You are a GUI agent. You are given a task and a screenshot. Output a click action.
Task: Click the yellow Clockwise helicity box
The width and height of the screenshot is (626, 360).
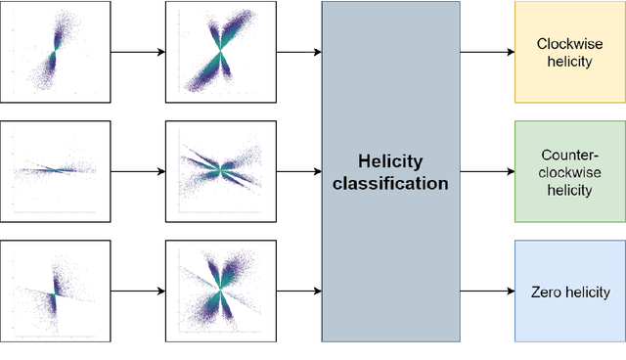point(568,52)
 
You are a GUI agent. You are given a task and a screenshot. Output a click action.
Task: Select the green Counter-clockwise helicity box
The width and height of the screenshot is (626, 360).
point(568,172)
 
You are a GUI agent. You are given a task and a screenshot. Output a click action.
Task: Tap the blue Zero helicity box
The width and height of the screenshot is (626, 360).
point(568,292)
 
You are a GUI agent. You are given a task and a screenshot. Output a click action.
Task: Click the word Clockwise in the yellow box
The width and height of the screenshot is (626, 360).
point(568,43)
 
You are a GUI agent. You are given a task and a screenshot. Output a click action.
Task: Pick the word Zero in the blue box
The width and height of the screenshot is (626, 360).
point(544,292)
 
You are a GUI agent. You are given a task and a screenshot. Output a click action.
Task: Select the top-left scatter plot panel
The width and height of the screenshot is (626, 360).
point(55,52)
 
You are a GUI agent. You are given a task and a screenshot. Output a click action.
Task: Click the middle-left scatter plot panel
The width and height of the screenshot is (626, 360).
point(55,171)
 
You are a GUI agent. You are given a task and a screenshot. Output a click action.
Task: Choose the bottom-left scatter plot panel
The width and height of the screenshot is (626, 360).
point(55,291)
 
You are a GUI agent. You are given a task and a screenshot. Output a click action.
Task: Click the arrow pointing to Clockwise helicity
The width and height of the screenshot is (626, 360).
point(487,52)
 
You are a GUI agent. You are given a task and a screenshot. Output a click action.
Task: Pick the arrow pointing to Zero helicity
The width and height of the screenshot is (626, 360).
point(487,291)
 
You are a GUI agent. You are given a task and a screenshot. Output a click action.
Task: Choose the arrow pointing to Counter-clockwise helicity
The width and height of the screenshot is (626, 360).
point(487,171)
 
